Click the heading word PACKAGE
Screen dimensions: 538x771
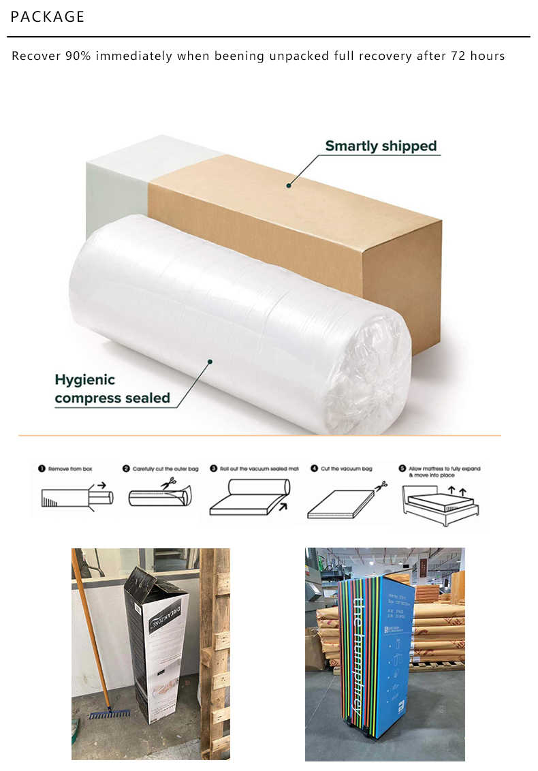(48, 17)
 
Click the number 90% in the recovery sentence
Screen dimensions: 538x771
(78, 57)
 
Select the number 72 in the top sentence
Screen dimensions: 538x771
(458, 57)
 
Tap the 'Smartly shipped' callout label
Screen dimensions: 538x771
(380, 146)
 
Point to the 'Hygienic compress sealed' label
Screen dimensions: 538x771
(112, 389)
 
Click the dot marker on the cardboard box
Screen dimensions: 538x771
(289, 185)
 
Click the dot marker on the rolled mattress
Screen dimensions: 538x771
(210, 362)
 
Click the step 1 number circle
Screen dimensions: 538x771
(42, 469)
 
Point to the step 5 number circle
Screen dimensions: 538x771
(402, 469)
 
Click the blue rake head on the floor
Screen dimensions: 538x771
(109, 713)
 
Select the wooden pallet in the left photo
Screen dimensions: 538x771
(216, 654)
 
